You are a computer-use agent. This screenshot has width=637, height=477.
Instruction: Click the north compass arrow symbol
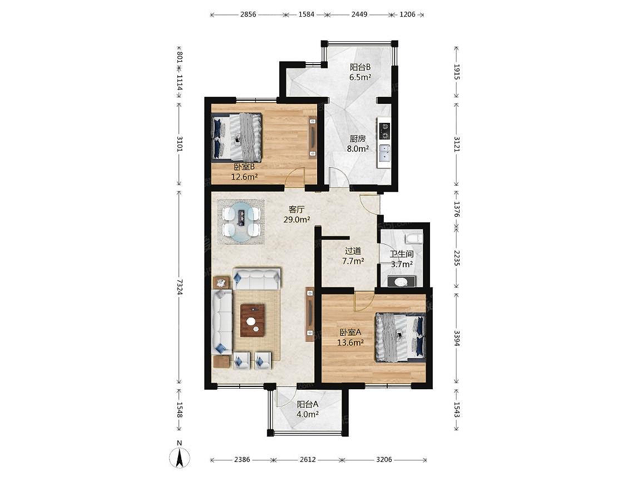pos(180,457)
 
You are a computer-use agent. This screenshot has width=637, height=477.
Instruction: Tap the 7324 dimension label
pos(180,287)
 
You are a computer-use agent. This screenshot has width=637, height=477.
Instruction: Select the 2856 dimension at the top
pos(248,14)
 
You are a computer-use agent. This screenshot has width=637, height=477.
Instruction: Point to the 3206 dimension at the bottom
pos(384,460)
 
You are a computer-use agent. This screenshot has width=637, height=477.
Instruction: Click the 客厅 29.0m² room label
pos(297,215)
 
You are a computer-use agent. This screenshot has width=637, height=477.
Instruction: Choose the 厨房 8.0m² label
pos(358,143)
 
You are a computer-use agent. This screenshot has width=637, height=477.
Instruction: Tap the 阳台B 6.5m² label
pos(360,72)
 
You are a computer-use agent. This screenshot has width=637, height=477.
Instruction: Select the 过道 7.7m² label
pos(353,256)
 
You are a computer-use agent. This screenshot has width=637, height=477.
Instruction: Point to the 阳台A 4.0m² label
pos(308,409)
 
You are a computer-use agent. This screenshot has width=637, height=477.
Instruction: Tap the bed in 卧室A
pos(401,336)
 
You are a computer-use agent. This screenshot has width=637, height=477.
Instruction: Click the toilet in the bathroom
pos(415,237)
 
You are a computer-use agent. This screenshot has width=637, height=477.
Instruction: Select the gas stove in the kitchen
pos(384,131)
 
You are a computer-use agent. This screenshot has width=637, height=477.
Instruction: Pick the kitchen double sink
pos(384,153)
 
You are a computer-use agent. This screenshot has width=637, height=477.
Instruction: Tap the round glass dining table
pos(241,222)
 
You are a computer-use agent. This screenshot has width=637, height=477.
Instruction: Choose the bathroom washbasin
pos(401,281)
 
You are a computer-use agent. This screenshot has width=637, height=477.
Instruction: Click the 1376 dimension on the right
pos(457,209)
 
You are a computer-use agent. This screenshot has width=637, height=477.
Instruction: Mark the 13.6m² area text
pos(350,342)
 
